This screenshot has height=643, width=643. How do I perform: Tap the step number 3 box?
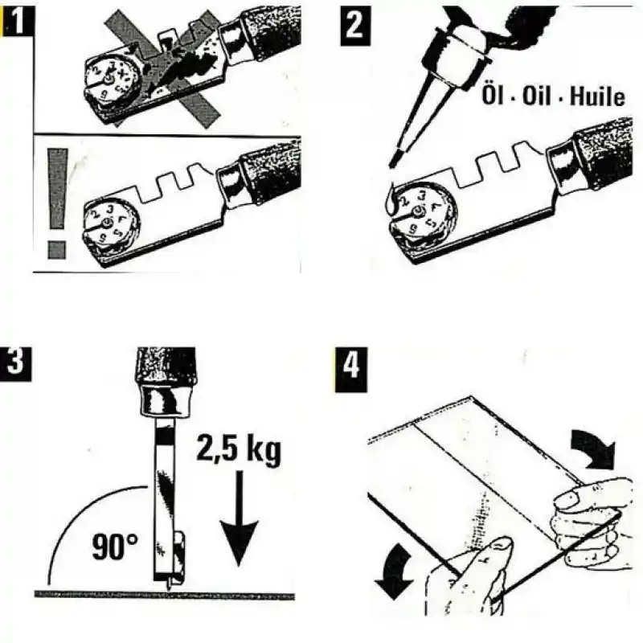click(x=15, y=363)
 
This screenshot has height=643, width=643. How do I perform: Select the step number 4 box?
click(x=347, y=367)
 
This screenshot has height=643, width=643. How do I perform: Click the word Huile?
click(x=595, y=96)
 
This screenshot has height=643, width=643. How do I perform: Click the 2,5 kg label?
click(x=239, y=453)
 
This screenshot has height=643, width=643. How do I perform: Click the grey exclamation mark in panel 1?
click(x=56, y=201)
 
